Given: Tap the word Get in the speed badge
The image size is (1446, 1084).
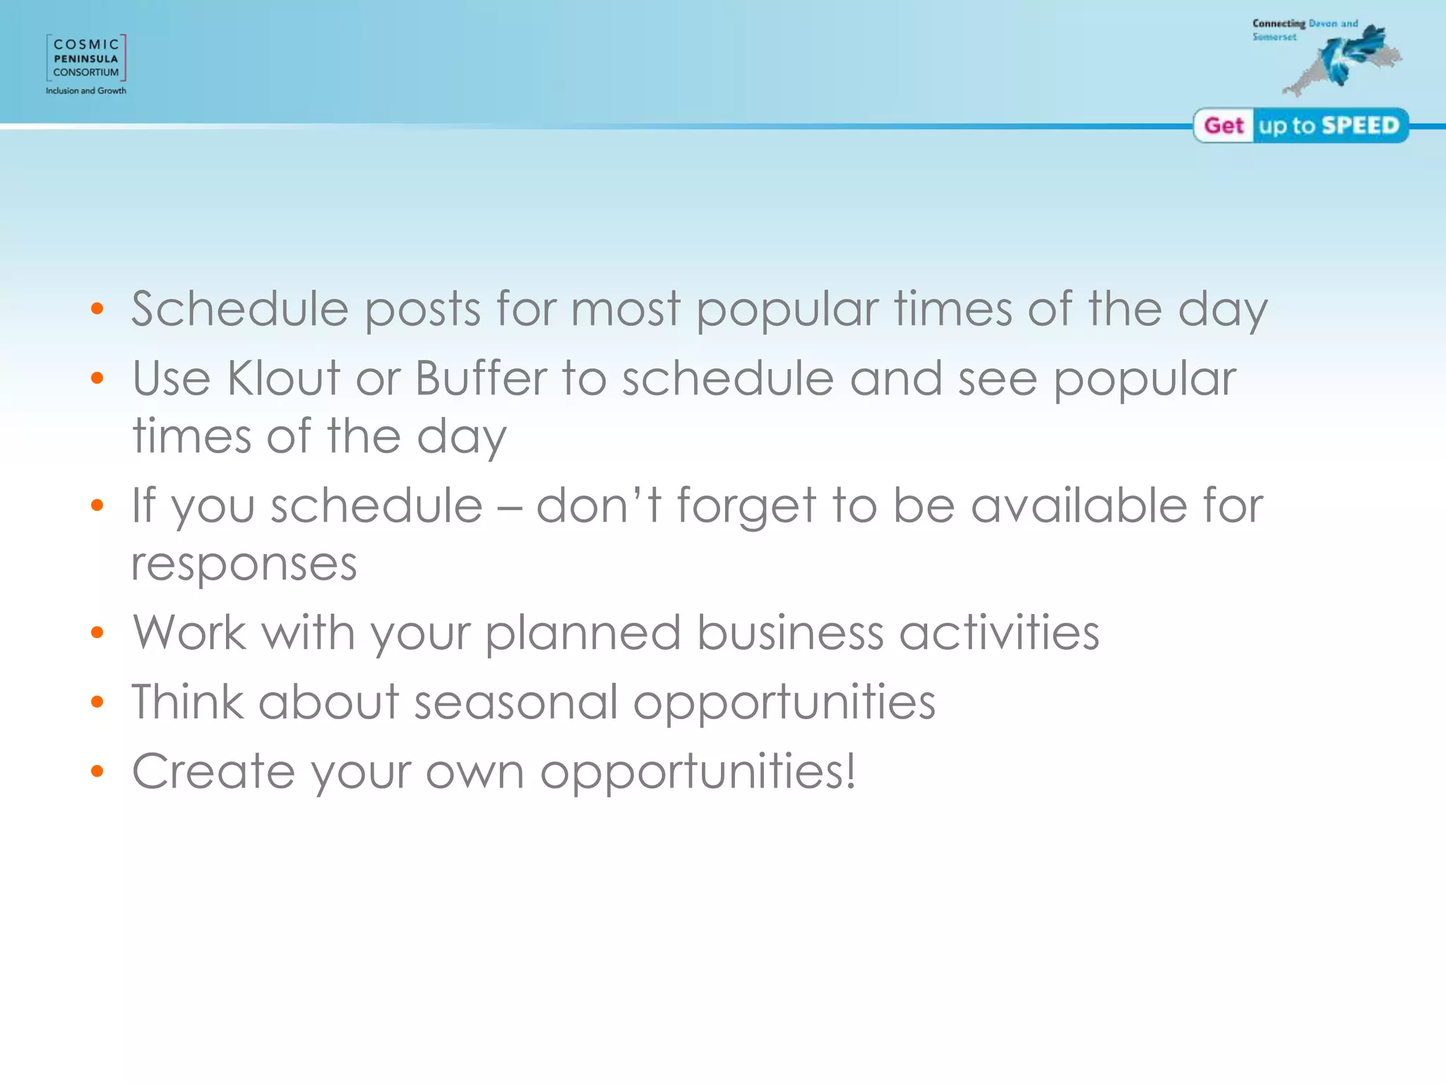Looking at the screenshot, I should click(1224, 126).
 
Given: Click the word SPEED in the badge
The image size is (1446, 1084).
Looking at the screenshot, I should click(1360, 126).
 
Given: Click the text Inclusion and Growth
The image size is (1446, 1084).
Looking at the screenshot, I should click(86, 91).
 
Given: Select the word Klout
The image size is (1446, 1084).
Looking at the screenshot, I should click(284, 378).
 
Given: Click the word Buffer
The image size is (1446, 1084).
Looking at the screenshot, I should click(481, 378).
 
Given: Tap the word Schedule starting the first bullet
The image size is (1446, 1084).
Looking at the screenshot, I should click(240, 309).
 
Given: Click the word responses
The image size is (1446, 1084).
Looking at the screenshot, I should click(244, 565).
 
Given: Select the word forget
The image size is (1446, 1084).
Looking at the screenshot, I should click(746, 507).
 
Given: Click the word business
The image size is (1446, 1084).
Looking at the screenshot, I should click(789, 632).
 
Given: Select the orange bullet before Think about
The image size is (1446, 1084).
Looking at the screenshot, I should click(97, 702).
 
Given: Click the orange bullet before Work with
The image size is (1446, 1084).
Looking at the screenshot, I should click(97, 633).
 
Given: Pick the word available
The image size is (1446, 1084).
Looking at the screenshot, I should click(1079, 505).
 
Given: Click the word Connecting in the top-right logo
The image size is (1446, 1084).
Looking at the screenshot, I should click(1279, 23).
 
